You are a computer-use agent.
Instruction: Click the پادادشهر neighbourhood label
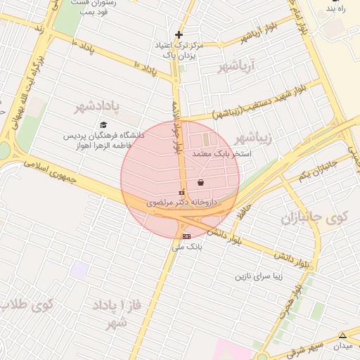pyautogui.click(x=103, y=107)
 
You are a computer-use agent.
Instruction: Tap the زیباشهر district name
pyautogui.click(x=253, y=136)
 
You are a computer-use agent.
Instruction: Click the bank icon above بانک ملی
pyautogui.click(x=186, y=236)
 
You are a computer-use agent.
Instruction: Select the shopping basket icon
pyautogui.click(x=201, y=182)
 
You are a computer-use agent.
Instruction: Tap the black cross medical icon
pyautogui.click(x=179, y=34)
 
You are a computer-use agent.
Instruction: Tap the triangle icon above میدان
pyautogui.click(x=342, y=335)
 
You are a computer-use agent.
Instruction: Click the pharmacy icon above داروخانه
pyautogui.click(x=181, y=191)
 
